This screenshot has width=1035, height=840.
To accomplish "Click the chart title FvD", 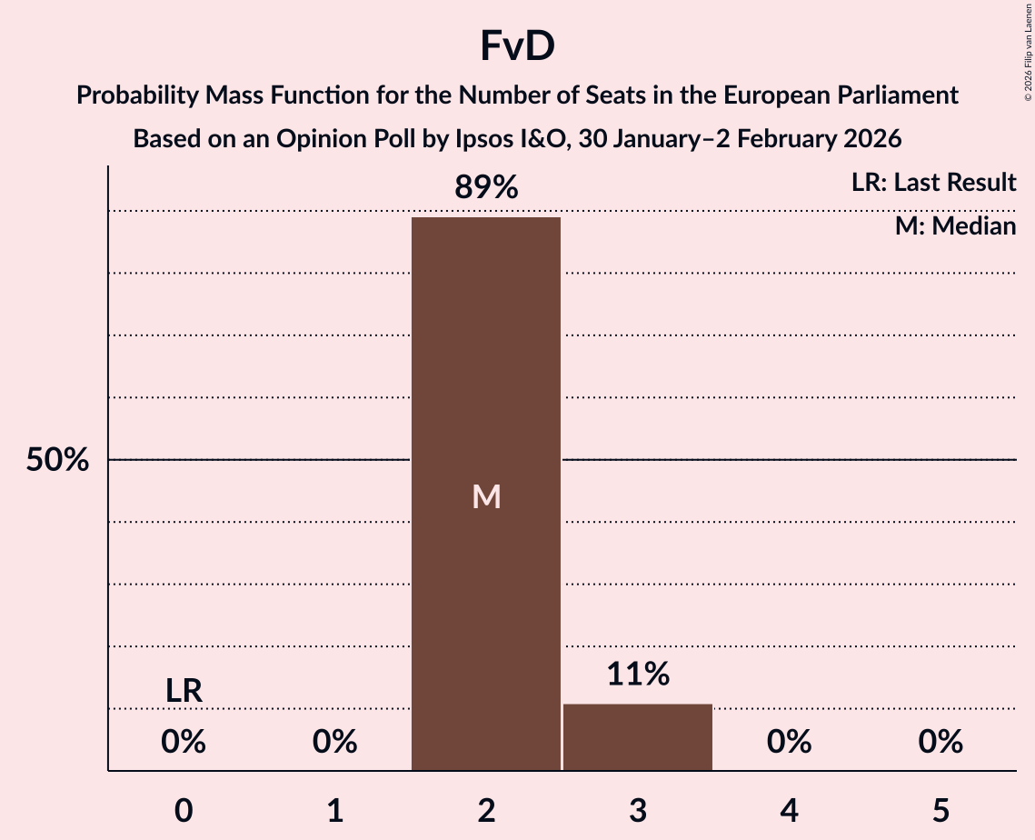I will tap(517, 46).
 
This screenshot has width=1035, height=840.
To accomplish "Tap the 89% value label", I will tap(486, 188).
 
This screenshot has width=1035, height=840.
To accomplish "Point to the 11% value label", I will tap(638, 674).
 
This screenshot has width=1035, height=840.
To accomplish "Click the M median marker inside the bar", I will tap(486, 496).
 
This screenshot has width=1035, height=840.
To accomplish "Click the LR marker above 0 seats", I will tap(184, 691).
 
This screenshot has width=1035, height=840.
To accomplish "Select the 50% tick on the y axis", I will tap(57, 460).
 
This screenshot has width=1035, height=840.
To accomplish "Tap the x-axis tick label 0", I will tap(184, 811).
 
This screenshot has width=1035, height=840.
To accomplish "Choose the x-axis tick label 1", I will tap(335, 811).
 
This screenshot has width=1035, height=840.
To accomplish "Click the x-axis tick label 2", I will tap(486, 811).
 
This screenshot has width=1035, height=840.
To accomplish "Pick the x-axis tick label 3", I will tap(638, 811).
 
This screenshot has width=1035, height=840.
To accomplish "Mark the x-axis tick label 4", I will tap(789, 811).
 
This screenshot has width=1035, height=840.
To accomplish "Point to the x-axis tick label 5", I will tap(940, 811).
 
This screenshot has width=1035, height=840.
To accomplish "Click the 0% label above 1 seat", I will tap(335, 743).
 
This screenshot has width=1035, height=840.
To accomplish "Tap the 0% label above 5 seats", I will tap(940, 743).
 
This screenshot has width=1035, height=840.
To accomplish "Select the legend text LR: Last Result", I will tap(933, 183).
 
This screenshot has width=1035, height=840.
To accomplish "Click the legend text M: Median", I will tap(955, 225).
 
